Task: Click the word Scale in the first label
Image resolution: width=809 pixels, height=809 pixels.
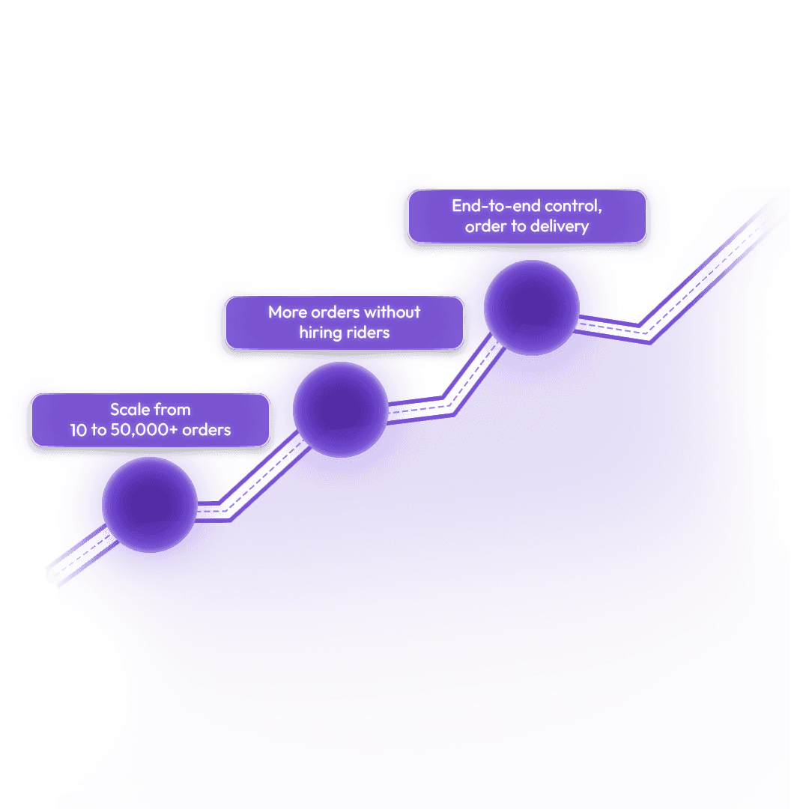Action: pyautogui.click(x=130, y=410)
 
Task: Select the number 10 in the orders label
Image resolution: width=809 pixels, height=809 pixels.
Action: pyautogui.click(x=79, y=430)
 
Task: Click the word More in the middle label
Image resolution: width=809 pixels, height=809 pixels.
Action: pyautogui.click(x=288, y=312)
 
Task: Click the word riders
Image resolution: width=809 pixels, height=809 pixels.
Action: pyautogui.click(x=368, y=333)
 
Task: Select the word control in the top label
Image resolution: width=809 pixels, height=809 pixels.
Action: pyautogui.click(x=575, y=206)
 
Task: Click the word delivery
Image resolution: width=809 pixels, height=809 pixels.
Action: pyautogui.click(x=560, y=226)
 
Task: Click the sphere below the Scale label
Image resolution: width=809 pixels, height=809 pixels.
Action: pyautogui.click(x=150, y=504)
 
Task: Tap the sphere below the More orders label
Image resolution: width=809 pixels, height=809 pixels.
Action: pyautogui.click(x=341, y=410)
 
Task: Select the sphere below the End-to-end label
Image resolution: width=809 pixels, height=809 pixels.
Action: pyautogui.click(x=532, y=306)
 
